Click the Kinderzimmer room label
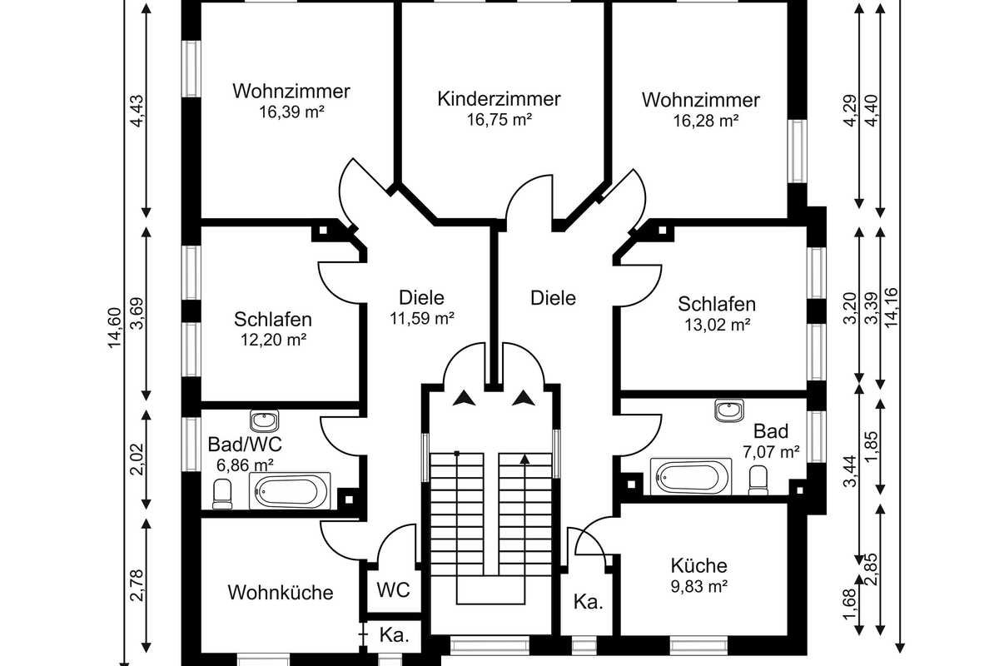click(499, 99)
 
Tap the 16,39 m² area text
click(291, 110)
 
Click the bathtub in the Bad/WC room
click(292, 490)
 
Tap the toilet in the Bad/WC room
click(222, 494)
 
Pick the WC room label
click(393, 590)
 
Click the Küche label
click(699, 566)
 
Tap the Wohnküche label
click(281, 593)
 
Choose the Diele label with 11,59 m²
click(421, 297)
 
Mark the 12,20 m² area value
click(273, 339)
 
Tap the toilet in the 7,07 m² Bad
click(758, 480)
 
